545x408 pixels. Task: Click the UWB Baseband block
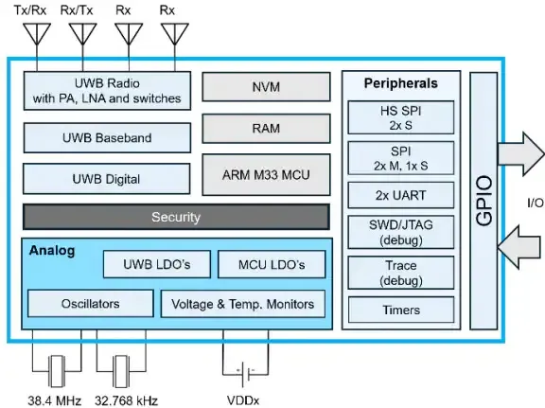coord(106,138)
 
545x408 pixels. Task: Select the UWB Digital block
coord(106,179)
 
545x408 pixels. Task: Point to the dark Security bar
coord(176,217)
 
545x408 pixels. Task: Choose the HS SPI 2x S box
coord(401,119)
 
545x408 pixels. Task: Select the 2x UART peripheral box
coord(401,196)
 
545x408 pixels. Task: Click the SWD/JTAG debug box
coord(401,234)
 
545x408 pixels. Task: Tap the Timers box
coord(401,310)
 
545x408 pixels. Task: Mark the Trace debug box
coord(401,273)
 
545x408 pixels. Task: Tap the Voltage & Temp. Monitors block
coord(243,304)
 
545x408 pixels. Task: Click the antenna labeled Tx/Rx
coord(38,35)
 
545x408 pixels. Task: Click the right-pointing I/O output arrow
coord(519,151)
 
